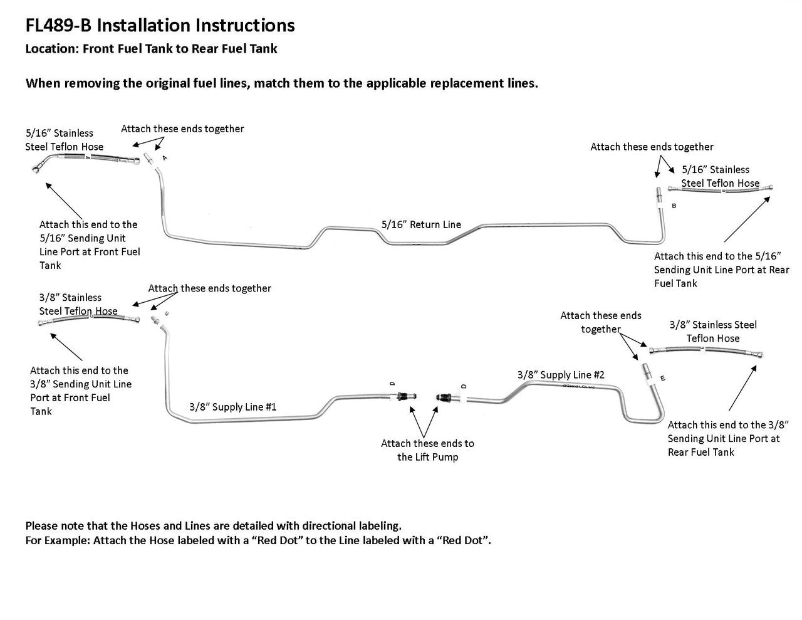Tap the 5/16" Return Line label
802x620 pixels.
pos(421,224)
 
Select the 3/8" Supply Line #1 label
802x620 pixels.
pos(232,407)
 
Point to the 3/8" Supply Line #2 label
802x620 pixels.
pos(561,375)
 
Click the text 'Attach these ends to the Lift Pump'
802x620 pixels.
pos(427,450)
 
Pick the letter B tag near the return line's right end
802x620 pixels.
pos(674,206)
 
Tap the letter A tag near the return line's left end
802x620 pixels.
pos(164,158)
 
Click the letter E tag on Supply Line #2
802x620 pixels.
pos(663,378)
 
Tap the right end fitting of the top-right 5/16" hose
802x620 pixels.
pos(769,187)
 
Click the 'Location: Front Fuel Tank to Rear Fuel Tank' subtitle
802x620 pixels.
pos(151,48)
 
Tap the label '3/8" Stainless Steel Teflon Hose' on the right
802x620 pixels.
pos(713,332)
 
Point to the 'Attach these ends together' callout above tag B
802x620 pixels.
pos(652,147)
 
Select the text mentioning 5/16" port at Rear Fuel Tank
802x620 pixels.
pos(721,270)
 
